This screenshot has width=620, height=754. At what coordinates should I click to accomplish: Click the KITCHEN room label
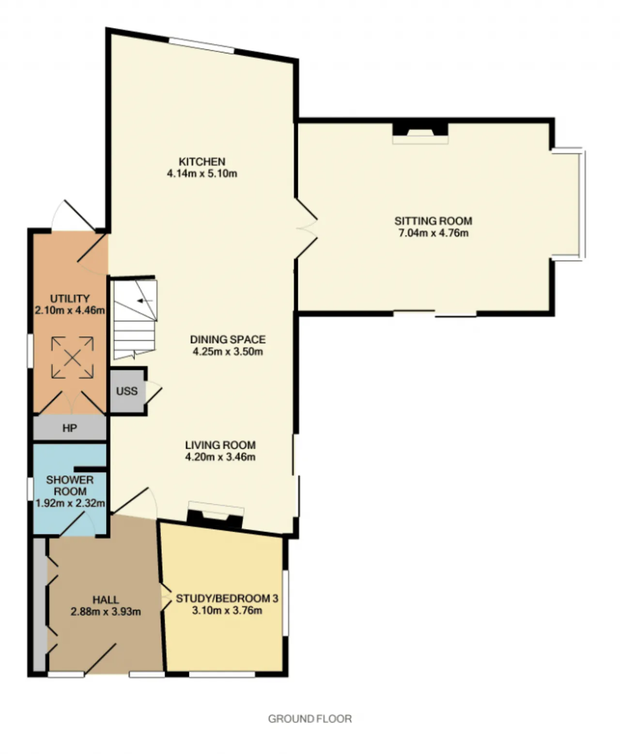pyautogui.click(x=202, y=161)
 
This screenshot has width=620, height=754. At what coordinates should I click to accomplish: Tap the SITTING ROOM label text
pyautogui.click(x=433, y=221)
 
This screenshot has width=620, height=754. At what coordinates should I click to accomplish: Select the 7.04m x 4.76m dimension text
pyautogui.click(x=433, y=233)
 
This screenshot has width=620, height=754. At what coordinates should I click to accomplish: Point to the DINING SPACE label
pyautogui.click(x=228, y=339)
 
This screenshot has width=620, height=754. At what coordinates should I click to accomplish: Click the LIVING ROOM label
pyautogui.click(x=220, y=445)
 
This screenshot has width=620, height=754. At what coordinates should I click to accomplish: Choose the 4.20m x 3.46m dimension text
pyautogui.click(x=220, y=457)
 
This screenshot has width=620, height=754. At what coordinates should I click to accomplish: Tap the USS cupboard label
pyautogui.click(x=127, y=391)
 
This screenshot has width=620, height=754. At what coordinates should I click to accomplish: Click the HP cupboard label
pyautogui.click(x=70, y=428)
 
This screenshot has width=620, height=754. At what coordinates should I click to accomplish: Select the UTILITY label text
pyautogui.click(x=70, y=298)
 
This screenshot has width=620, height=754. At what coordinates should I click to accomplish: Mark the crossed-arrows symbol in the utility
pyautogui.click(x=73, y=357)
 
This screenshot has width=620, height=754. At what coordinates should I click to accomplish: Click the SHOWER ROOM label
pyautogui.click(x=70, y=486)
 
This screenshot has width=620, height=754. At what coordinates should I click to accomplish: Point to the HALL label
pyautogui.click(x=106, y=599)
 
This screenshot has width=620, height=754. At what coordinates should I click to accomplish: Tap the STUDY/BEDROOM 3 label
pyautogui.click(x=227, y=598)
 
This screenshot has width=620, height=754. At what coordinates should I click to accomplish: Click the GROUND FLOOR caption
pyautogui.click(x=310, y=719)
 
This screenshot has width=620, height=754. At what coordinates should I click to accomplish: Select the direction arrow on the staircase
pyautogui.click(x=145, y=300)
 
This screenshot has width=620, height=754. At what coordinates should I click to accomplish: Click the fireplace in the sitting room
pyautogui.click(x=420, y=133)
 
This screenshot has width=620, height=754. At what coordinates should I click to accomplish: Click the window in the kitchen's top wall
pyautogui.click(x=201, y=46)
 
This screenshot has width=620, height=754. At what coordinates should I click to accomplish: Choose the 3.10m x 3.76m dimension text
pyautogui.click(x=227, y=610)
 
